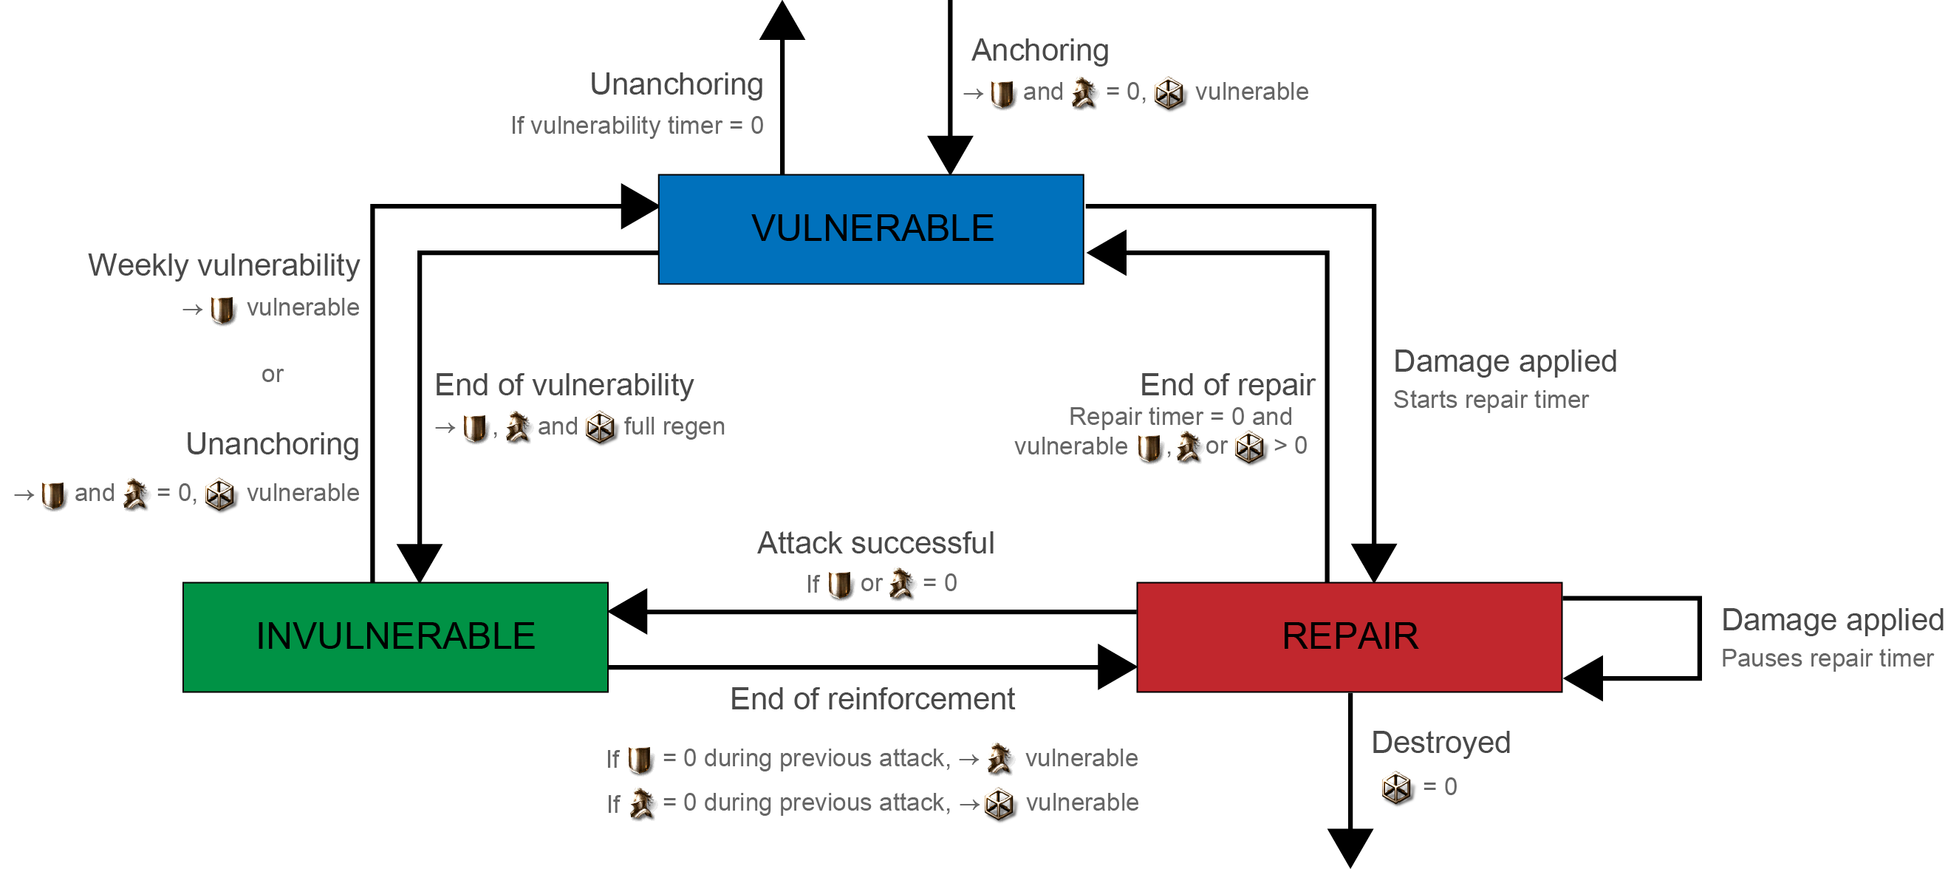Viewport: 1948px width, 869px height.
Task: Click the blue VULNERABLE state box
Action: (870, 229)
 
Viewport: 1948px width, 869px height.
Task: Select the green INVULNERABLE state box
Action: (394, 636)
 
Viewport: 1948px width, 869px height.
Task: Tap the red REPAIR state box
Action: (1349, 636)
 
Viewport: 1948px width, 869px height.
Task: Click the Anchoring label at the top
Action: (1040, 50)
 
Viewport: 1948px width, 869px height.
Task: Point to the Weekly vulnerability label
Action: (224, 265)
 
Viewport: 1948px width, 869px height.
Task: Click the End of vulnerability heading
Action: (564, 385)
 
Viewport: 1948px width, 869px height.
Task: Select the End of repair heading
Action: (1227, 385)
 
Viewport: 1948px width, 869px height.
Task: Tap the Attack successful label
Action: (875, 543)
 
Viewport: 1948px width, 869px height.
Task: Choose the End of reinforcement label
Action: (872, 699)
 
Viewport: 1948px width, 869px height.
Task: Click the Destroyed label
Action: (1441, 743)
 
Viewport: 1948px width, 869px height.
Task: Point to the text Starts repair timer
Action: (1491, 399)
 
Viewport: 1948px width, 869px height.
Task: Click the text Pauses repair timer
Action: (1827, 658)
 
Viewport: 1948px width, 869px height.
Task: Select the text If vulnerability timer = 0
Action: (637, 126)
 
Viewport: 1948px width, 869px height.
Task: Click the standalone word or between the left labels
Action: (273, 375)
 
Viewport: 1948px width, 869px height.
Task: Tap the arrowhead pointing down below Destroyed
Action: (1350, 847)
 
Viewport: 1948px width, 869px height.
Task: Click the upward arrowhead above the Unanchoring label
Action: (782, 21)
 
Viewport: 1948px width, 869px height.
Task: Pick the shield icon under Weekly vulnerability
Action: (222, 310)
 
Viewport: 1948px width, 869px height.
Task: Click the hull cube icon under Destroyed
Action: (1396, 787)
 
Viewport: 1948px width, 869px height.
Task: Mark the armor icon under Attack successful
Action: (900, 584)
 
